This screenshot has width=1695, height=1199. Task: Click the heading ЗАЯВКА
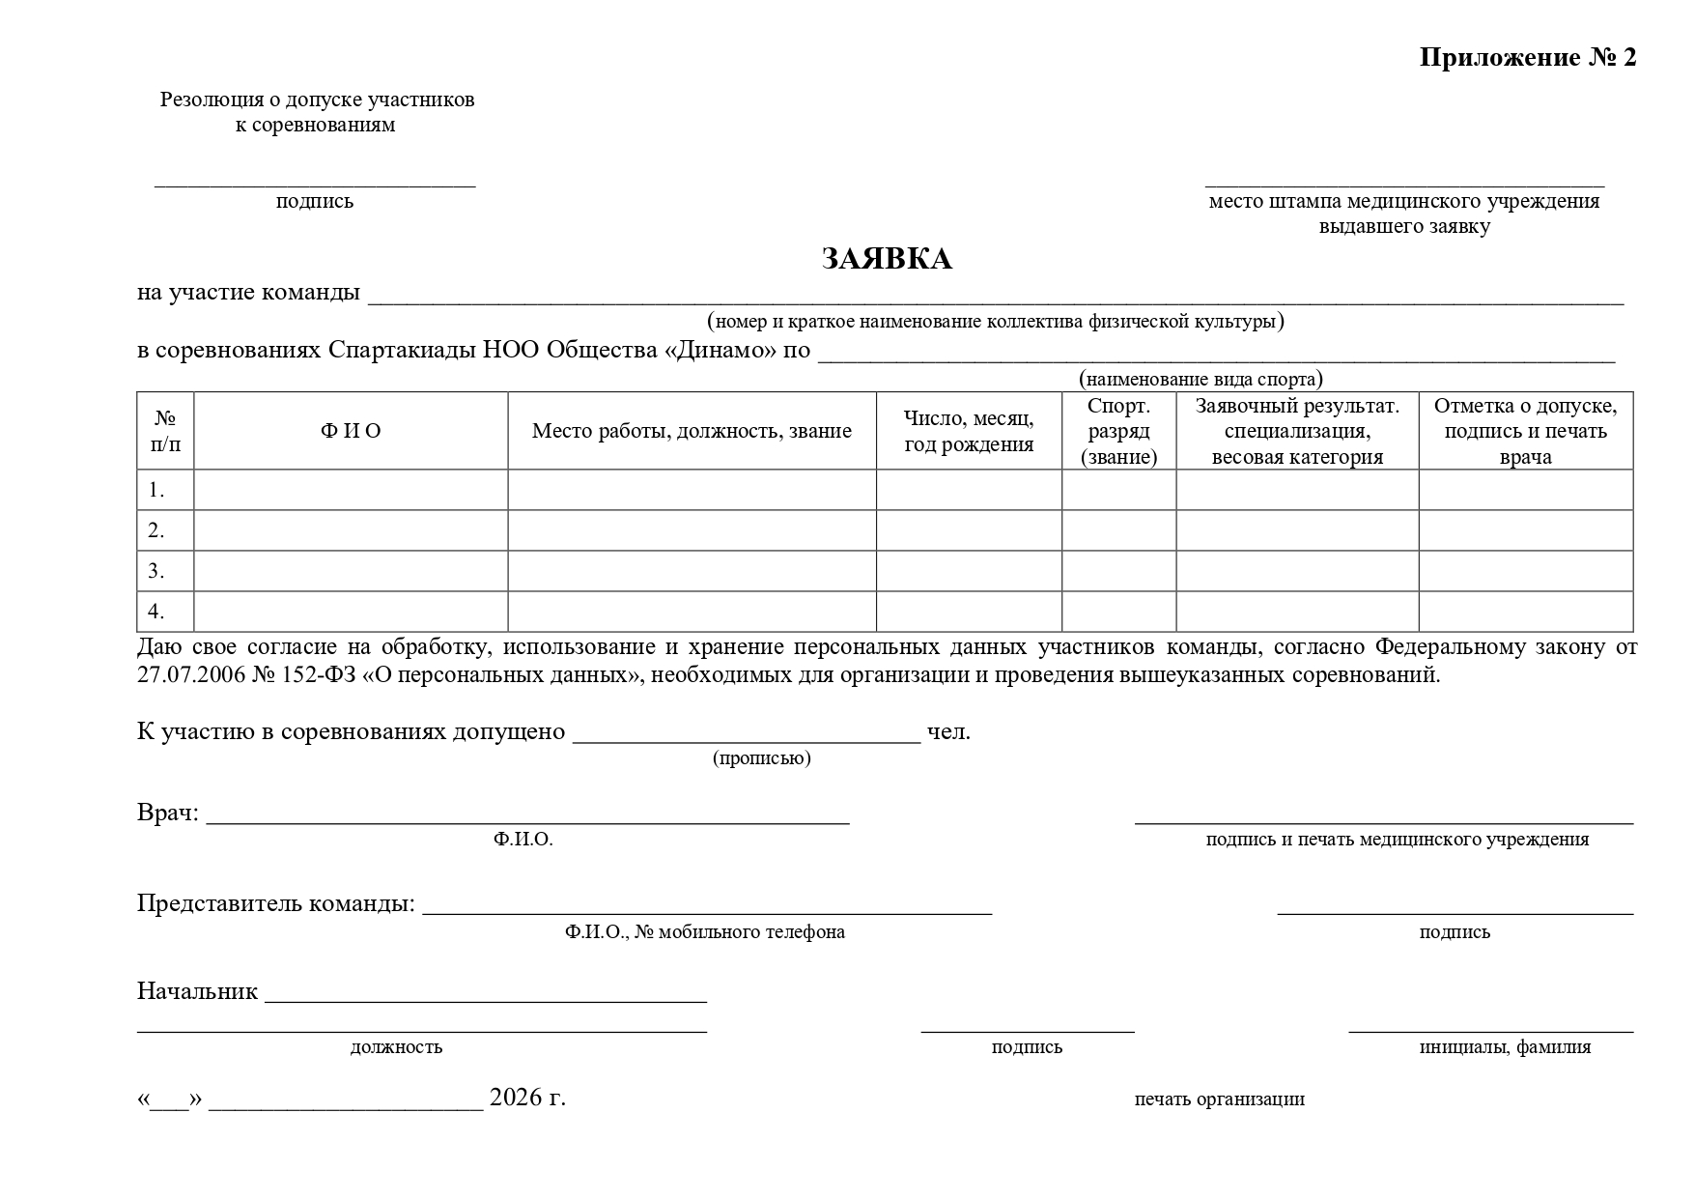tap(886, 259)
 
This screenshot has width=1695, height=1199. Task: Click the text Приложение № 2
tap(1527, 58)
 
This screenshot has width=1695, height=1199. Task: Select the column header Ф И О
tap(351, 431)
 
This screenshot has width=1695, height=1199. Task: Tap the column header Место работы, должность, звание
tap(692, 431)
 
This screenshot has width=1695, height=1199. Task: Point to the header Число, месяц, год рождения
tap(969, 431)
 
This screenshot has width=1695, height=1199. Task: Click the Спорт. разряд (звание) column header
tap(1118, 431)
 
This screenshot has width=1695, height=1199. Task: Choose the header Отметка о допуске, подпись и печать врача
tap(1525, 431)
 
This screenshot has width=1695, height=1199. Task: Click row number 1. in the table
tap(156, 490)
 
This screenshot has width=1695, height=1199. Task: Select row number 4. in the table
tap(156, 612)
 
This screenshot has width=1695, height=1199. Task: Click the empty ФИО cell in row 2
tap(351, 530)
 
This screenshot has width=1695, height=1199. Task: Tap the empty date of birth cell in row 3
tap(969, 571)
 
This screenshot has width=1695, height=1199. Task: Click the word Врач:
tap(168, 813)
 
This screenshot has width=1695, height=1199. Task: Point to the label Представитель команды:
tap(276, 903)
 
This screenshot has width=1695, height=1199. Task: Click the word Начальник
tap(197, 990)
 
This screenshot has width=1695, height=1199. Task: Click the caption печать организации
tap(1219, 1099)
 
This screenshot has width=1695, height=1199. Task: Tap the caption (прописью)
tap(762, 758)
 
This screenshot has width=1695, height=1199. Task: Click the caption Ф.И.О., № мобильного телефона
tap(705, 932)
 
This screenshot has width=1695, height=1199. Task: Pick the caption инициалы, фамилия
tap(1505, 1047)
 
